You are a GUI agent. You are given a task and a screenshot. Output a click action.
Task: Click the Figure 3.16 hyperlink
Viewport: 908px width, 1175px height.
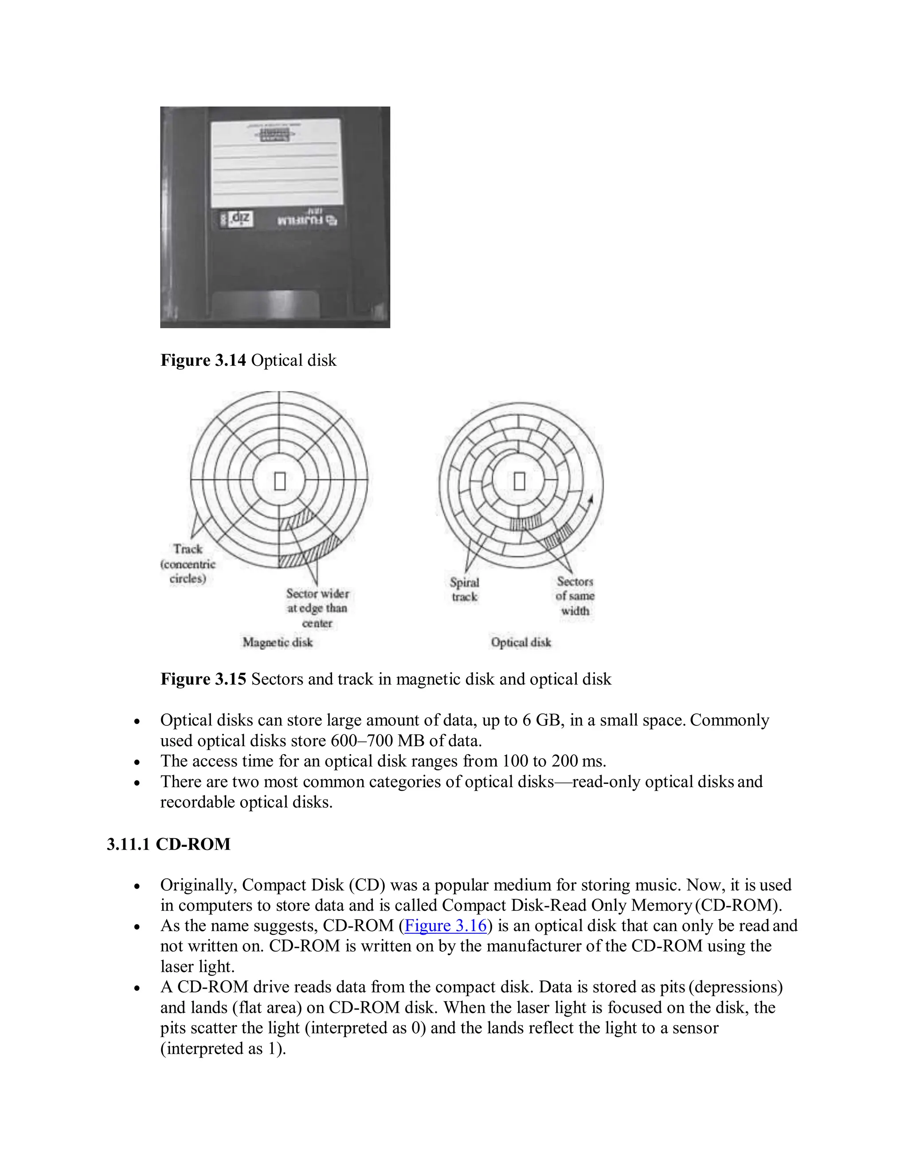point(446,925)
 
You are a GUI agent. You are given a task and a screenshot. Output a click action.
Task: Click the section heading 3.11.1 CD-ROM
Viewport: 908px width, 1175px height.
point(168,844)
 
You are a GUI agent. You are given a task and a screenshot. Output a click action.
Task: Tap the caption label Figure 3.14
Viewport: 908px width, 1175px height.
point(204,360)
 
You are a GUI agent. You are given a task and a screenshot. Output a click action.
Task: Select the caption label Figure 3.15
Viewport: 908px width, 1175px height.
point(204,679)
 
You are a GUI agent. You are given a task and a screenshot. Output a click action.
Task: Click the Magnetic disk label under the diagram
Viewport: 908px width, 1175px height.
point(278,642)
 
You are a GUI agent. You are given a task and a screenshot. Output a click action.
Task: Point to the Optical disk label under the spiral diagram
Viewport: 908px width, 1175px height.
point(521,642)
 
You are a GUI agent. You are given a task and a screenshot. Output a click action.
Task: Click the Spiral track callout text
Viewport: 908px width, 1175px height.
point(465,590)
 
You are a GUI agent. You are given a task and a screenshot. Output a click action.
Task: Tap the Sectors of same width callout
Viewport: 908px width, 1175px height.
point(575,596)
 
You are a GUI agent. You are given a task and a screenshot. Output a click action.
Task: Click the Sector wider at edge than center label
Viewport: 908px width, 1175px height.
point(317,608)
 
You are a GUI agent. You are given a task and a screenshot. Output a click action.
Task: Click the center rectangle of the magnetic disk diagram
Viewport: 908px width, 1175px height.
point(280,481)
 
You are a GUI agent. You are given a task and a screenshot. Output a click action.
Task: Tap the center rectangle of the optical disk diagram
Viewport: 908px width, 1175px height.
point(519,481)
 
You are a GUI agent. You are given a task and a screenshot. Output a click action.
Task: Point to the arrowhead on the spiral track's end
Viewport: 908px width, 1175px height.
point(591,499)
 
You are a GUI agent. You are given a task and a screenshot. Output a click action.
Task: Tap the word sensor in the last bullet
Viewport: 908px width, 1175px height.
point(696,1028)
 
